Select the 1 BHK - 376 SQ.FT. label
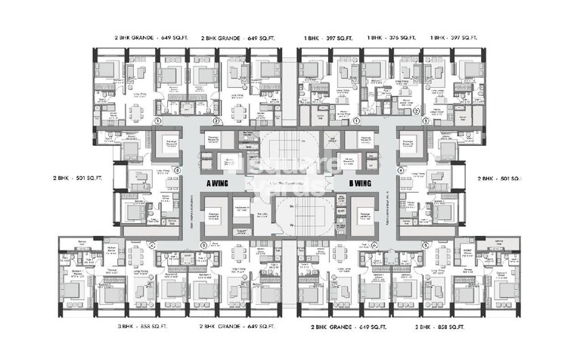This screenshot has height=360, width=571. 392,36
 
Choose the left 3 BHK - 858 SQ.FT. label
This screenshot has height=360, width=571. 141,327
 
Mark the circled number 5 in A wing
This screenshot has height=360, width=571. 176,171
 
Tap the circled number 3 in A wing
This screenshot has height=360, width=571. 203,245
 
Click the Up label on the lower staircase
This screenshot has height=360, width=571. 291,225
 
